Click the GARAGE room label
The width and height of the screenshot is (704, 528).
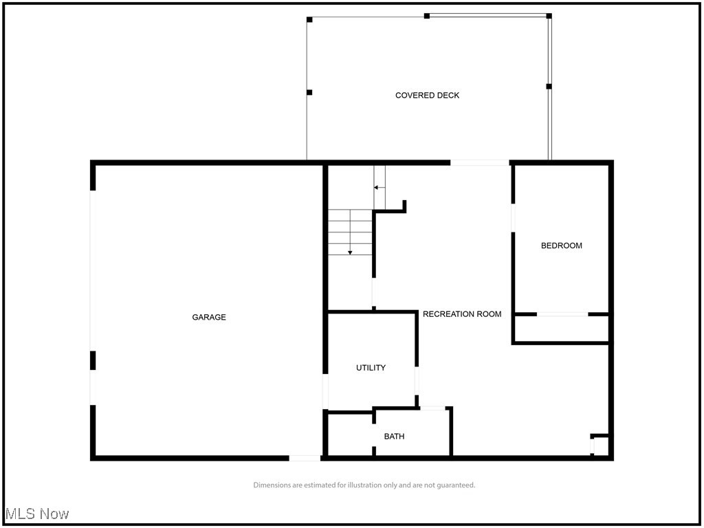[209, 317]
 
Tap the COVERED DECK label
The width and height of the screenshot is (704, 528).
[427, 95]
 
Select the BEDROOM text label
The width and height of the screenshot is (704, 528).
[561, 245]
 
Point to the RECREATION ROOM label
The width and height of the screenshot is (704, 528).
[462, 313]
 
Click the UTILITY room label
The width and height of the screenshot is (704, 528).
[371, 368]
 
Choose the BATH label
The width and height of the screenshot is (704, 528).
[394, 436]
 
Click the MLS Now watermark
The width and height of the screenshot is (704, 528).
[37, 514]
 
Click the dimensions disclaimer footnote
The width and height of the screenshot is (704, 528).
[364, 485]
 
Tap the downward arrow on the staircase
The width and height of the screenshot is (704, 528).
[350, 252]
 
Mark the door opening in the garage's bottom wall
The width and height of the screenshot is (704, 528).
[304, 457]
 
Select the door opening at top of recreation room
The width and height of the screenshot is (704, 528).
[480, 163]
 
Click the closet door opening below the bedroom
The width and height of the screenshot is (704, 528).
[562, 314]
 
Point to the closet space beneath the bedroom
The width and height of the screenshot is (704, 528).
[562, 329]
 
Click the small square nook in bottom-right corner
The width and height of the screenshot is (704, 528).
[600, 445]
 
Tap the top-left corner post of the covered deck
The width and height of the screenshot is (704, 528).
[309, 19]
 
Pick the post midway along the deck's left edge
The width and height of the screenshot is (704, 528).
[309, 92]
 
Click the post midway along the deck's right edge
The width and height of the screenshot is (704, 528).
[549, 87]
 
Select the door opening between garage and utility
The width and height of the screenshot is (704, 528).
[325, 391]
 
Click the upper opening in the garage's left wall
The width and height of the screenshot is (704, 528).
[93, 270]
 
